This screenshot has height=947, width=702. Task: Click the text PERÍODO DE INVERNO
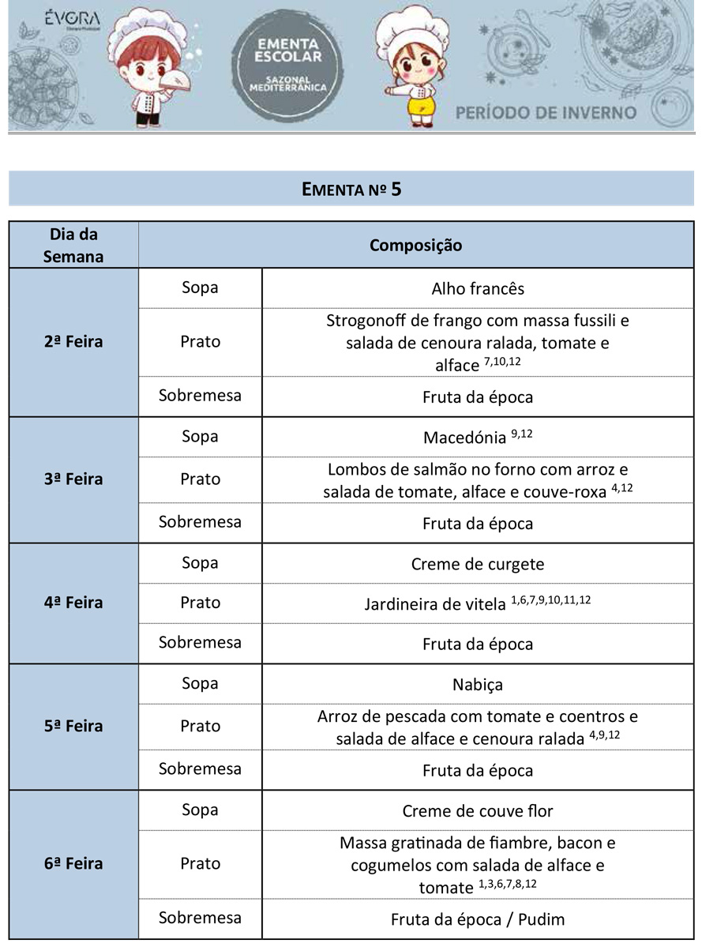coord(546,112)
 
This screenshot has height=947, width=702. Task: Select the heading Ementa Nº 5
coord(351,190)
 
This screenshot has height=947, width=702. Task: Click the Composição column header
coord(415,245)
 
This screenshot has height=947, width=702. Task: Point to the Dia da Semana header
coord(73,245)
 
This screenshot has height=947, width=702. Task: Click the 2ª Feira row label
coord(73,342)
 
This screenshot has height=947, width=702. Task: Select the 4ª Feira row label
coord(73,603)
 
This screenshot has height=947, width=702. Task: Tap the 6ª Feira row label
coord(73,863)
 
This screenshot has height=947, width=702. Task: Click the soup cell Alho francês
coord(478,288)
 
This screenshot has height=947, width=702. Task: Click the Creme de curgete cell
coord(478,564)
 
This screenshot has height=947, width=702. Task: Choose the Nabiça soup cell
coord(478,684)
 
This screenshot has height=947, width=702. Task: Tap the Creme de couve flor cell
coord(478,811)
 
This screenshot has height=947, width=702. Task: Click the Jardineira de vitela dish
coord(434,605)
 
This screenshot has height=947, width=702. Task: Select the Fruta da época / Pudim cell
coord(478,919)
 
